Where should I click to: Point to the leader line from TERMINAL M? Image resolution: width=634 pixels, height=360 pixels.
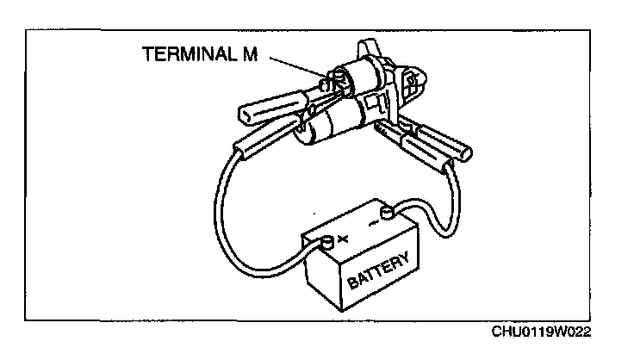pyautogui.click(x=293, y=68)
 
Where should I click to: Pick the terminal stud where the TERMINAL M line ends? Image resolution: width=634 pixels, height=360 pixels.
pyautogui.click(x=326, y=84)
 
